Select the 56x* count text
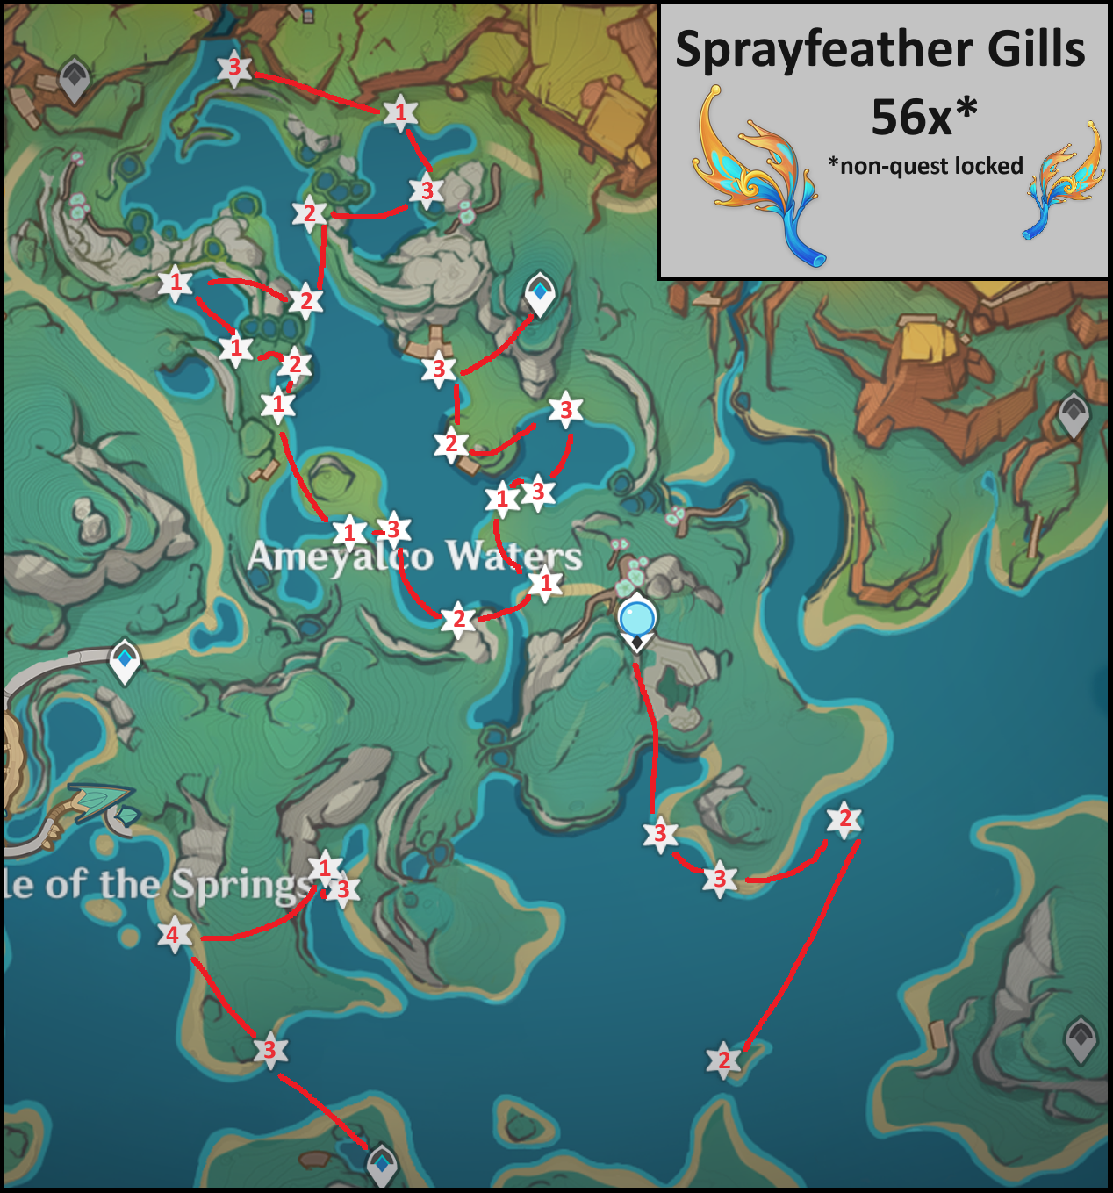923,117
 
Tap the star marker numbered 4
173,935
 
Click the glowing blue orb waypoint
637,618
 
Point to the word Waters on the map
513,556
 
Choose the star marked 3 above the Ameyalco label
393,529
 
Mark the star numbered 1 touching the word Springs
325,867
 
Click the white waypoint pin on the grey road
125,660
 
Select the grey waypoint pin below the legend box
1073,413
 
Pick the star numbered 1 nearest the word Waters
546,583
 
